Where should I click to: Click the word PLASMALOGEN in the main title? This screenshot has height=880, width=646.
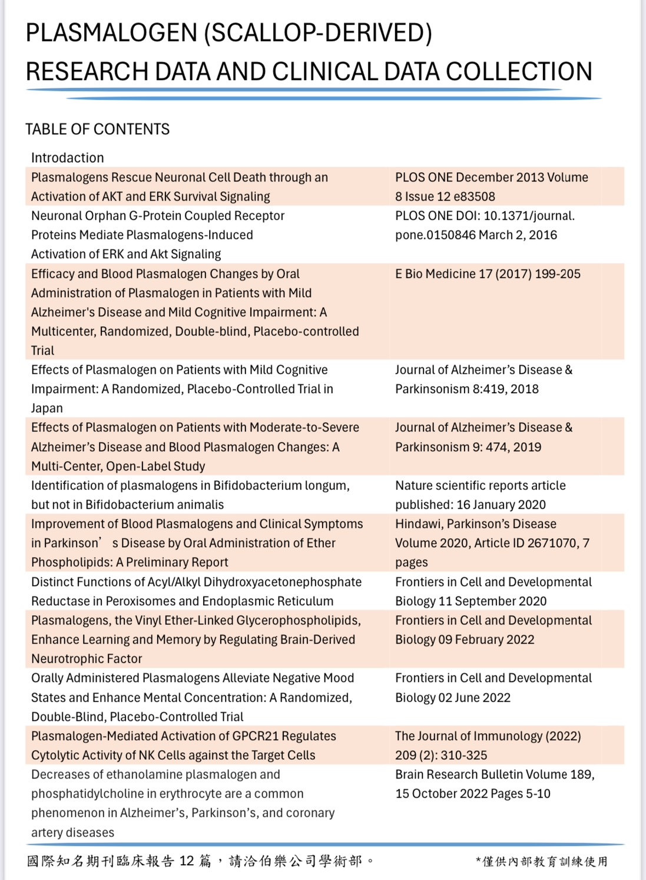[x=111, y=33]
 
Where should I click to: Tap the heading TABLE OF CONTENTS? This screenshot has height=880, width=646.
[x=97, y=129]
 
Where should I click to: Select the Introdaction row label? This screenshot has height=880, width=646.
[x=67, y=158]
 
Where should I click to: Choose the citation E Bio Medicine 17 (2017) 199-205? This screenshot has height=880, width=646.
[x=488, y=273]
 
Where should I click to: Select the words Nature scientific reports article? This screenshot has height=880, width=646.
[x=480, y=485]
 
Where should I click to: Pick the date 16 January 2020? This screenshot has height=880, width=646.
[x=501, y=505]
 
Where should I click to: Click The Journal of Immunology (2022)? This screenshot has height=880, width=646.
[x=488, y=736]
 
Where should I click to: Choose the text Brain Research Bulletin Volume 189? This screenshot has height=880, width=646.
[x=494, y=774]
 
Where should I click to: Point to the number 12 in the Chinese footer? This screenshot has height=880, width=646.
[x=187, y=861]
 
